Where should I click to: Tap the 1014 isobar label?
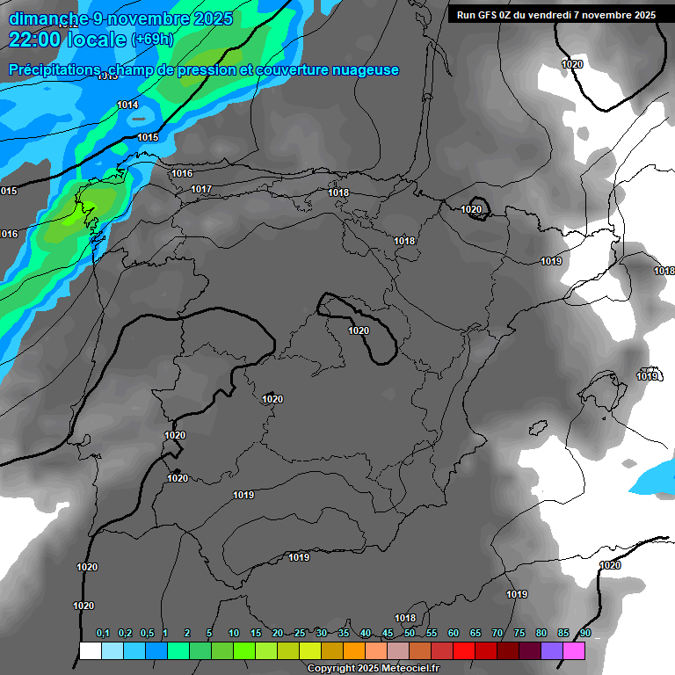tap(127, 105)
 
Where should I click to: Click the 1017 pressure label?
tap(201, 189)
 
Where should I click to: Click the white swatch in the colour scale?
tap(90, 651)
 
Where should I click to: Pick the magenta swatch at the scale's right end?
tap(574, 651)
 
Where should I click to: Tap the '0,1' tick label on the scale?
tap(103, 634)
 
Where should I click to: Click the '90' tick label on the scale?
tap(584, 634)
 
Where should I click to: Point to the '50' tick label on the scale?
tap(410, 634)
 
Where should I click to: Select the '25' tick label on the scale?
tap(300, 634)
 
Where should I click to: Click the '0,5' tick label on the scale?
tap(147, 634)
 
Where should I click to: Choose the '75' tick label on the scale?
tap(519, 634)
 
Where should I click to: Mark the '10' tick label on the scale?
tap(234, 634)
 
